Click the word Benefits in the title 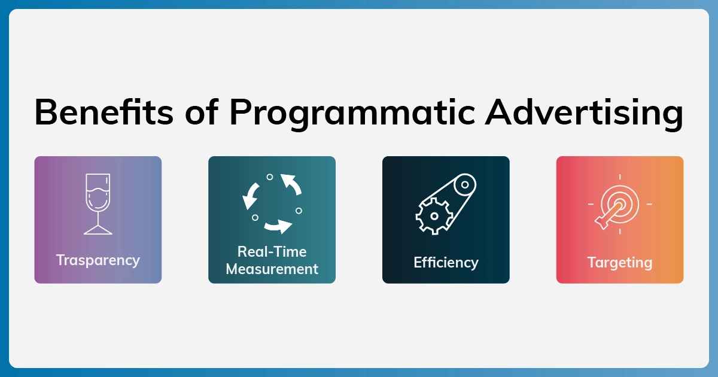pyautogui.click(x=104, y=113)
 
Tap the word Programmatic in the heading pyautogui.click(x=352, y=114)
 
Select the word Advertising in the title pyautogui.click(x=584, y=114)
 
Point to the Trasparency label pyautogui.click(x=98, y=260)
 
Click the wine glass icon pyautogui.click(x=98, y=204)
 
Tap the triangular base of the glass pyautogui.click(x=98, y=230)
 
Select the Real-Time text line pyautogui.click(x=272, y=252)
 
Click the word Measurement pyautogui.click(x=272, y=269)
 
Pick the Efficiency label pyautogui.click(x=446, y=263)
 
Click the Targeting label pyautogui.click(x=620, y=263)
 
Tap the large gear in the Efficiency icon pyautogui.click(x=434, y=216)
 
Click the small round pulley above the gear pyautogui.click(x=465, y=185)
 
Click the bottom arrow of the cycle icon pyautogui.click(x=278, y=227)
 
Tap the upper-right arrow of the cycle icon pyautogui.click(x=291, y=184)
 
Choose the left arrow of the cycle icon pyautogui.click(x=250, y=196)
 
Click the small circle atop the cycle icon pyautogui.click(x=270, y=177)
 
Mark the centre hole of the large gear pyautogui.click(x=434, y=216)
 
